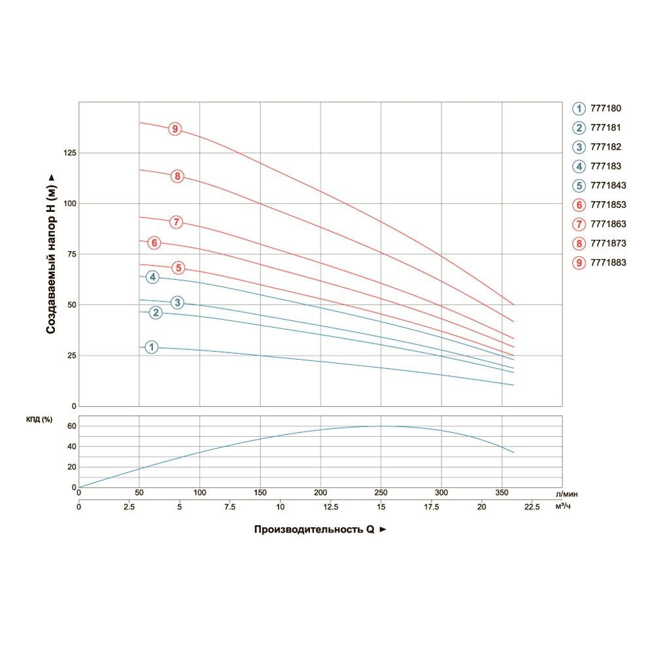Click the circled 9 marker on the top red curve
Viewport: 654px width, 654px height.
pyautogui.click(x=175, y=129)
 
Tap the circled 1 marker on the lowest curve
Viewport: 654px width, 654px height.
pyautogui.click(x=152, y=347)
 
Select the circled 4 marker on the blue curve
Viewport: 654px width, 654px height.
pyautogui.click(x=152, y=277)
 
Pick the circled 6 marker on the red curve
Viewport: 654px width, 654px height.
pyautogui.click(x=154, y=243)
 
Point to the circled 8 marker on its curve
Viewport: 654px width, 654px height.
pyautogui.click(x=177, y=176)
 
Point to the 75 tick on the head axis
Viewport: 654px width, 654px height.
pyautogui.click(x=70, y=254)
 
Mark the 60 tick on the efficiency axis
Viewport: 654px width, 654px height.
pyautogui.click(x=73, y=426)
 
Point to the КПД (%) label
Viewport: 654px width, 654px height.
pyautogui.click(x=39, y=419)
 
